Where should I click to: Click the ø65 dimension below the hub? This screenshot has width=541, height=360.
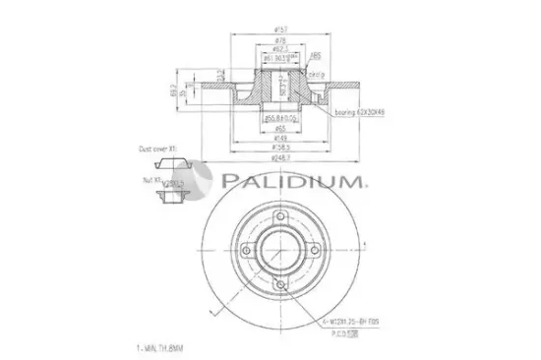click(281, 127)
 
